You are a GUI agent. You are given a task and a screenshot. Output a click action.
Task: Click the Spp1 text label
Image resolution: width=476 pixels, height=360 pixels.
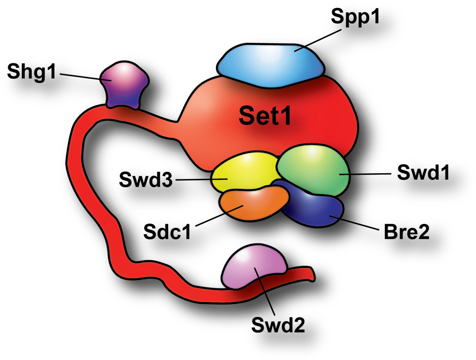click(355, 17)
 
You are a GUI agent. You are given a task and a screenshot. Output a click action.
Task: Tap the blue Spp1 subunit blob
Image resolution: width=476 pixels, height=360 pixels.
click(270, 65)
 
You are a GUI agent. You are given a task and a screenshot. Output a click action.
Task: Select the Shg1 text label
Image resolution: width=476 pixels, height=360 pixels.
click(31, 72)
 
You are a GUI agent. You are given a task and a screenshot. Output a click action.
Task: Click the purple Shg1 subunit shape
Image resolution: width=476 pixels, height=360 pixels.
click(125, 84)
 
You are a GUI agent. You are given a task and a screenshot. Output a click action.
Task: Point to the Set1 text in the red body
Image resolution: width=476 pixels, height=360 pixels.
click(265, 116)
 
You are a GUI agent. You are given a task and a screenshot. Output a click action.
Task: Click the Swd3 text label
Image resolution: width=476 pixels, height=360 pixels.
click(146, 179)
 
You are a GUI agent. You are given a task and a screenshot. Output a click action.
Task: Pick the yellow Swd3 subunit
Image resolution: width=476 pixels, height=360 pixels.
click(245, 172)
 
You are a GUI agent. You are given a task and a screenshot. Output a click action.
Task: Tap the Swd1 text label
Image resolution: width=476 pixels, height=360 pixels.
click(423, 173)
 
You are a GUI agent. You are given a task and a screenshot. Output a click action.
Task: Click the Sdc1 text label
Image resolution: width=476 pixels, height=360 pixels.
click(167, 232)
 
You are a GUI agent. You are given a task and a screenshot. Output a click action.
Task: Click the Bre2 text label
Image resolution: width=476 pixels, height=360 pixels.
click(406, 232)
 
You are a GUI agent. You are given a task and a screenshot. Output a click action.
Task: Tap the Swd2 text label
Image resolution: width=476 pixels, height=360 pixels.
click(278, 325)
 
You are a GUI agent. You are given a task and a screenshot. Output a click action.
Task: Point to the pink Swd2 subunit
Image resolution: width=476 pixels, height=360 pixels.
click(253, 267)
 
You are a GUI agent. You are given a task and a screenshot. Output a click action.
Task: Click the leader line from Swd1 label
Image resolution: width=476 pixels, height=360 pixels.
click(365, 174)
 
